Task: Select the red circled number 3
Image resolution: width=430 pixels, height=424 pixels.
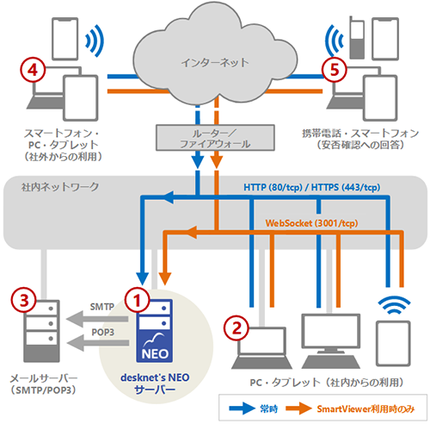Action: coord(25,300)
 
